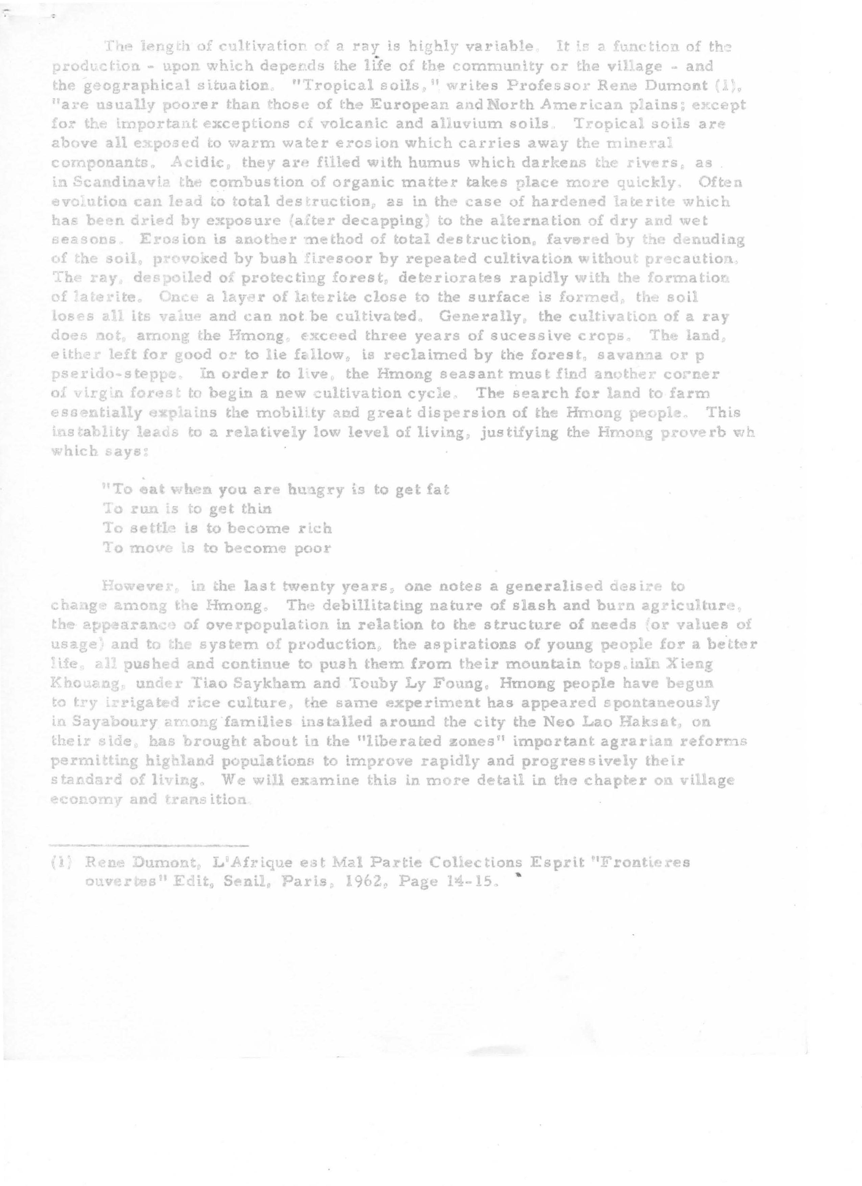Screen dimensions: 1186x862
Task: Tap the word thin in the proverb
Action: (x=255, y=509)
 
